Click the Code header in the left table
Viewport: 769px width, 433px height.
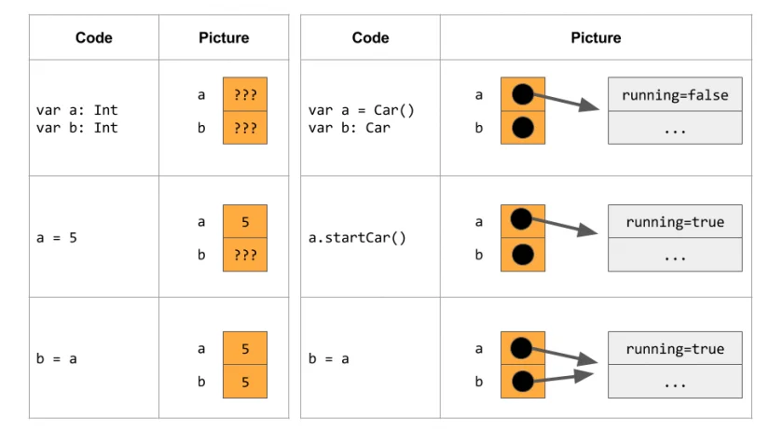tap(93, 38)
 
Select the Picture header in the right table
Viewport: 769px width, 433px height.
tap(596, 38)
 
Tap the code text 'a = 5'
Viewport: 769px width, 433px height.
tap(56, 237)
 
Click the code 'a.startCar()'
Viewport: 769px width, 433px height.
tap(357, 237)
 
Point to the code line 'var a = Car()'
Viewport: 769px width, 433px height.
tap(361, 110)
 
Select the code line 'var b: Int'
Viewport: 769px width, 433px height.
tap(76, 127)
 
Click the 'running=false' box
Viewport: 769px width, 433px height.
tap(675, 94)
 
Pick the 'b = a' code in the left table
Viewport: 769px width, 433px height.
tap(56, 358)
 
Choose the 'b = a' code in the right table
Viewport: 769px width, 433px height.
tap(329, 358)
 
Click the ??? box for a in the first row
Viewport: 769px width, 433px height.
tap(245, 94)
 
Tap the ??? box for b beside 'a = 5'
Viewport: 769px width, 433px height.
tap(245, 254)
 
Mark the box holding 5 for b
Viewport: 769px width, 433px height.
tap(245, 381)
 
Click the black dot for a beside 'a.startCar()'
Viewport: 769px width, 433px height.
tap(521, 220)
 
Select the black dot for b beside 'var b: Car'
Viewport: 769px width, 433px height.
tap(521, 127)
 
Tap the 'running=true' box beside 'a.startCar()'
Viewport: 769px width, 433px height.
tap(675, 222)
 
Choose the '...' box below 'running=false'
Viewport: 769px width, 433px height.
tap(675, 128)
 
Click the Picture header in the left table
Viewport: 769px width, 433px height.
tap(224, 38)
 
